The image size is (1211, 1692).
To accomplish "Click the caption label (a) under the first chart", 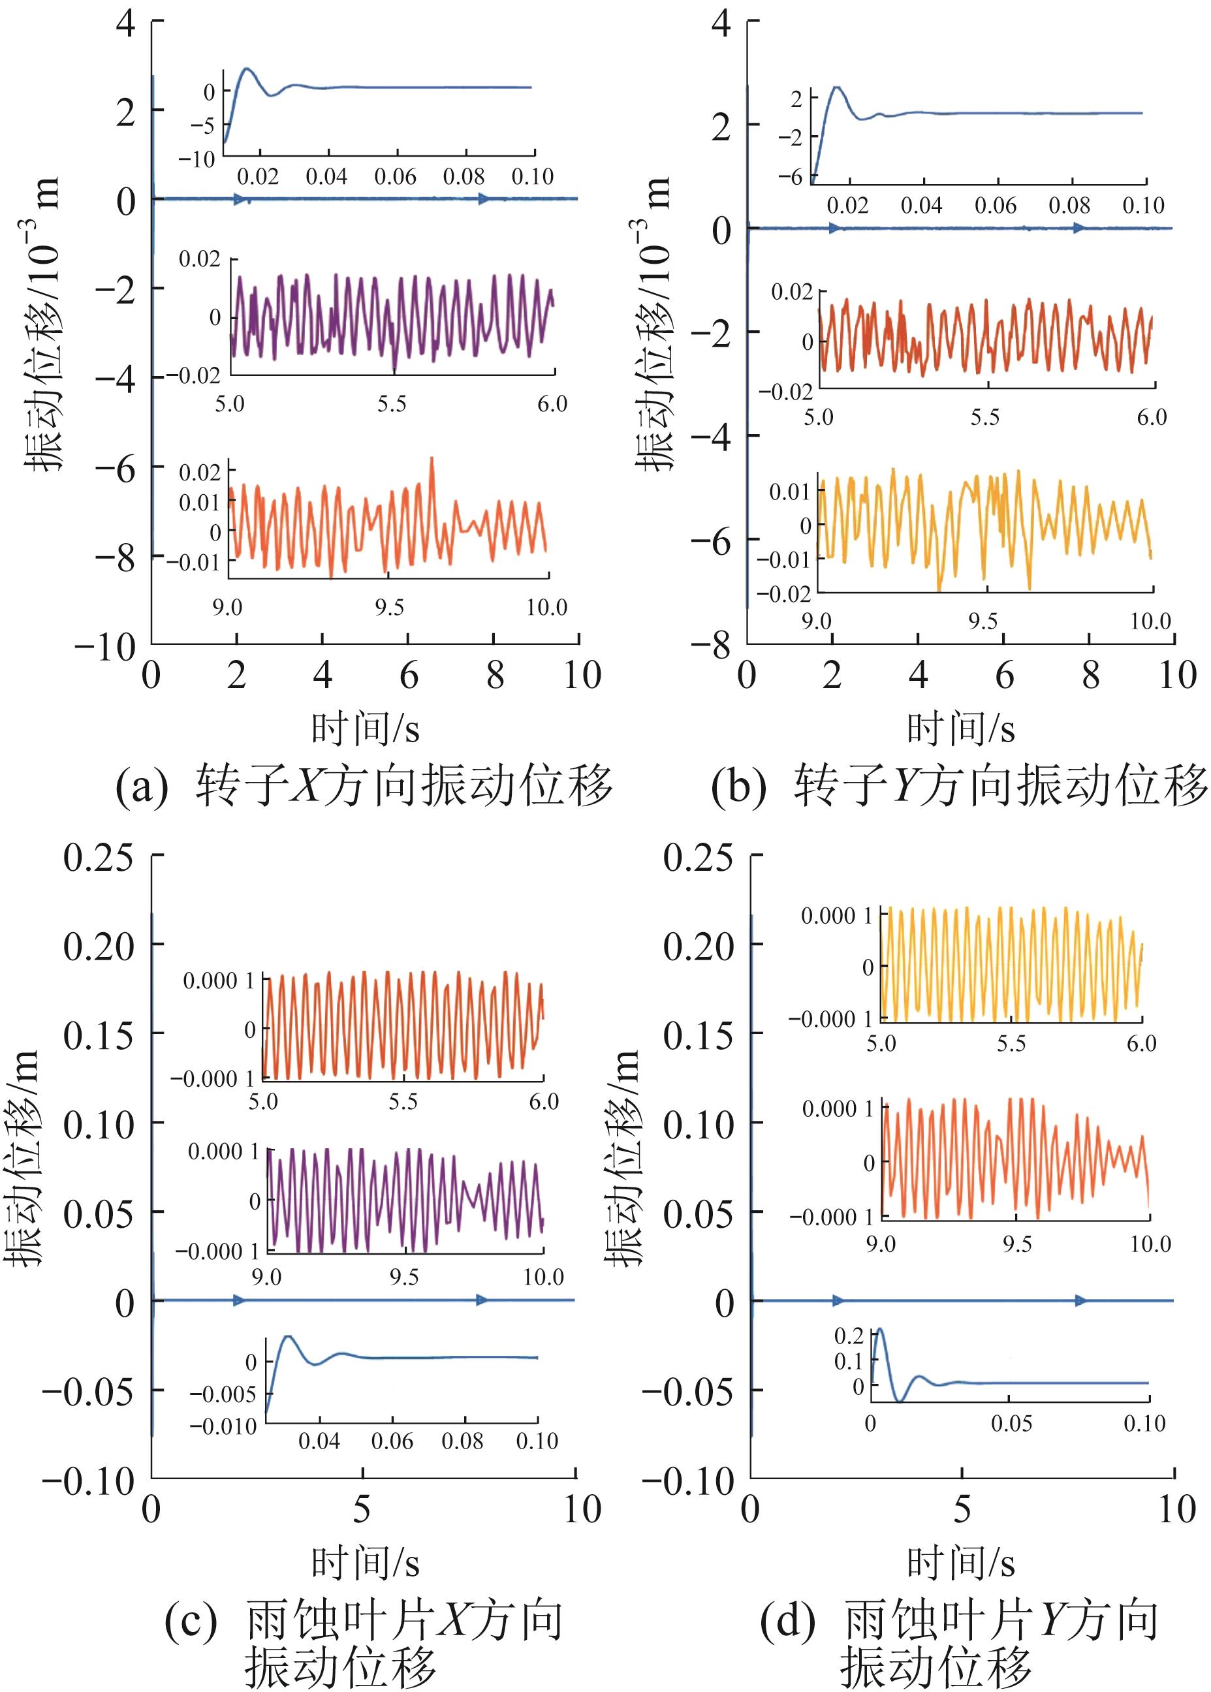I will pyautogui.click(x=142, y=787).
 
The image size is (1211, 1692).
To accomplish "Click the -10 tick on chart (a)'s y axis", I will pyautogui.click(x=104, y=648).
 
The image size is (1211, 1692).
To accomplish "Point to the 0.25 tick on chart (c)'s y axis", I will pyautogui.click(x=98, y=858).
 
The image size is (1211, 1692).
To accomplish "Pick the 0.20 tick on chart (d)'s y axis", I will pyautogui.click(x=698, y=947).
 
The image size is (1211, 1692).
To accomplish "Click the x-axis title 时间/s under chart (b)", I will pyautogui.click(x=960, y=728).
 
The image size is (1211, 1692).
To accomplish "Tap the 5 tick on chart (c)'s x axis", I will pyautogui.click(x=362, y=1509).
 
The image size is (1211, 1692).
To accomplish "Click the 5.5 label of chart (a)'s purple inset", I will pyautogui.click(x=392, y=404).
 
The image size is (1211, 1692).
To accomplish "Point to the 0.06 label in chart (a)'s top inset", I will pyautogui.click(x=395, y=177).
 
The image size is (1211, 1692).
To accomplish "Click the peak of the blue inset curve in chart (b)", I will pyautogui.click(x=838, y=87).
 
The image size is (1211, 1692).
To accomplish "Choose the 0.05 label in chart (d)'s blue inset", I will pyautogui.click(x=1011, y=1424).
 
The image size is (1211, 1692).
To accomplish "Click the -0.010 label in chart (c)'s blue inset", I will pyautogui.click(x=223, y=1426).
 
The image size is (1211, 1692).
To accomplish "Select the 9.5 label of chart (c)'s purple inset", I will pyautogui.click(x=403, y=1277).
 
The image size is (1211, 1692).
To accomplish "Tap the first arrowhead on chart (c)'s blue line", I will pyautogui.click(x=239, y=1300).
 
